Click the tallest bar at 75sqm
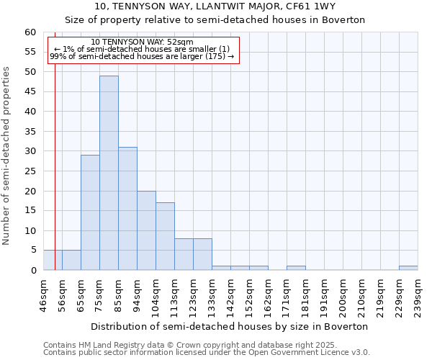tap(109, 173)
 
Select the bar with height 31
tap(127, 209)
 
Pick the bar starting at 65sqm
tap(90, 212)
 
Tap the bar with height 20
tap(146, 230)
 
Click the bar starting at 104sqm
tap(165, 236)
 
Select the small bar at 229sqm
tap(408, 268)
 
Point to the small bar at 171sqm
tap(296, 268)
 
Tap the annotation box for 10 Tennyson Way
tap(143, 50)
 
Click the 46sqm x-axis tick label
tap(43, 295)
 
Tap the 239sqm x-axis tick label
tap(418, 295)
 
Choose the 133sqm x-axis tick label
tap(212, 295)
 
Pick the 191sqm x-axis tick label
tap(324, 295)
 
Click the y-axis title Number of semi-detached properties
tap(6, 156)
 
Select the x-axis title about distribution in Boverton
tap(230, 326)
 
